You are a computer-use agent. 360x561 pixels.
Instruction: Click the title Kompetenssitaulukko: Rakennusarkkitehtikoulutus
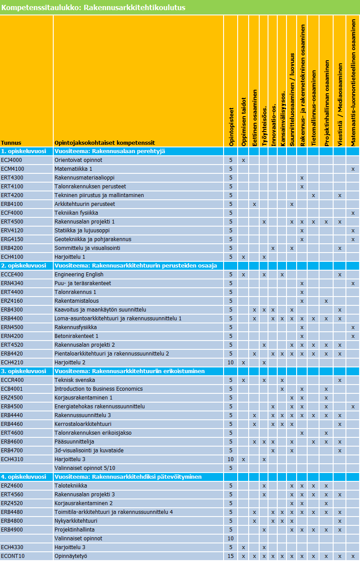click(94, 7)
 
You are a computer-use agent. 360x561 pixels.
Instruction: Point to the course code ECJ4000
click(11, 160)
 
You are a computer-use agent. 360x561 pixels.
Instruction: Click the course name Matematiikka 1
click(73, 169)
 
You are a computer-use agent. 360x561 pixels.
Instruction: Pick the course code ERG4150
click(12, 239)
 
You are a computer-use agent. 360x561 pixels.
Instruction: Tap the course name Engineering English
click(79, 275)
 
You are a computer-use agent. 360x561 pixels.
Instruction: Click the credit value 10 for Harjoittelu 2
click(231, 363)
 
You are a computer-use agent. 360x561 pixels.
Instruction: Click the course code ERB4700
click(12, 451)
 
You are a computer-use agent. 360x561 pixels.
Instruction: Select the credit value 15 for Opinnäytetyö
click(231, 556)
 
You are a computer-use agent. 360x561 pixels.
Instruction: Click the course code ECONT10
click(13, 556)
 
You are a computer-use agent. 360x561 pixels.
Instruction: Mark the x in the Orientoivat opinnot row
click(243, 160)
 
